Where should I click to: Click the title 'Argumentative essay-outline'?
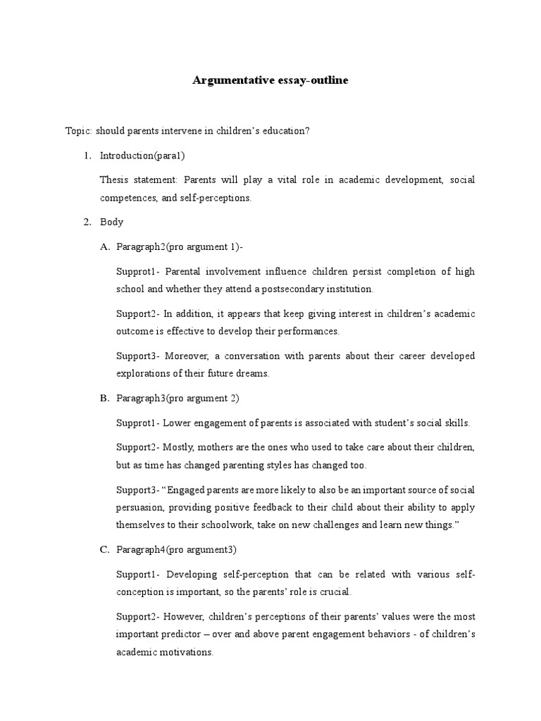270,81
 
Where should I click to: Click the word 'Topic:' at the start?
78,131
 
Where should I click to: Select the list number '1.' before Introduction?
88,156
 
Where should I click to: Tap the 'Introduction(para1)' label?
142,156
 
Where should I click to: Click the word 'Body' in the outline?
111,222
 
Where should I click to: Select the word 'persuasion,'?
141,507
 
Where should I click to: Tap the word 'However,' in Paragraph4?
185,617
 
